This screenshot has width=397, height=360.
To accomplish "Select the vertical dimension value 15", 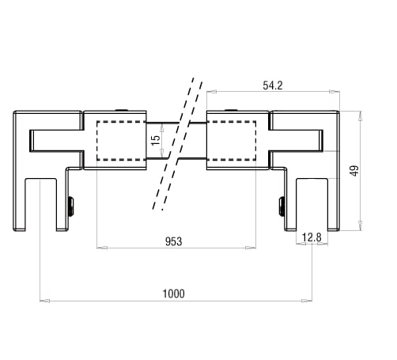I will pyautogui.click(x=156, y=138).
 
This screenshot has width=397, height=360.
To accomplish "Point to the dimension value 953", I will pyautogui.click(x=175, y=241).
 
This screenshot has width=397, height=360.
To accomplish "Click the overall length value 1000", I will pyautogui.click(x=173, y=293).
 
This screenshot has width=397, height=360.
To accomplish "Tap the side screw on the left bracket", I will pyautogui.click(x=72, y=207).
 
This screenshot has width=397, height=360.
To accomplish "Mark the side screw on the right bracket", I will pyautogui.click(x=281, y=207).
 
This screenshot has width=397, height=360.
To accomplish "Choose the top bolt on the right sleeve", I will pyautogui.click(x=230, y=110).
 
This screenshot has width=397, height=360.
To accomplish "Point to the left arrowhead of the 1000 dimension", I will pyautogui.click(x=43, y=301).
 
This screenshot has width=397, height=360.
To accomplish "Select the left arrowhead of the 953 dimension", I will pyautogui.click(x=100, y=248).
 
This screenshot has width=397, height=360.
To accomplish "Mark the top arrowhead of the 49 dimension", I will pyautogui.click(x=361, y=115).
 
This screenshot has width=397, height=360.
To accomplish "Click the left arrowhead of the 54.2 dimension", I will pyautogui.click(x=210, y=93).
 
